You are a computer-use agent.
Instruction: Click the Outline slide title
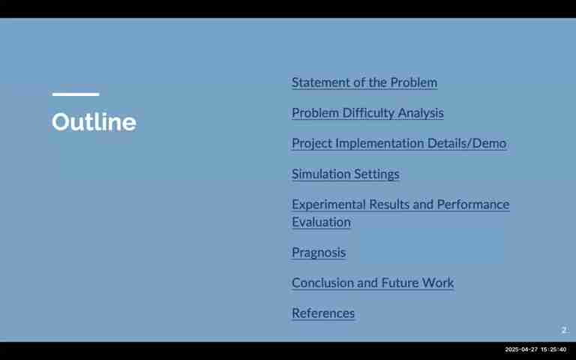pyautogui.click(x=94, y=121)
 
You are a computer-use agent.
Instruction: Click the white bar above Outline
pyautogui.click(x=76, y=94)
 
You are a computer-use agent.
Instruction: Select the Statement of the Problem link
pyautogui.click(x=364, y=82)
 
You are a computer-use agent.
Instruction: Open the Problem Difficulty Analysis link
pyautogui.click(x=367, y=113)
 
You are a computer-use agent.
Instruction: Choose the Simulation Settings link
pyautogui.click(x=345, y=174)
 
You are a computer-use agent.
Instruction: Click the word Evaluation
pyautogui.click(x=321, y=222)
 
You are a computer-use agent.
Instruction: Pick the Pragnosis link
pyautogui.click(x=319, y=253)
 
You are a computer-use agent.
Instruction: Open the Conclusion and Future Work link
pyautogui.click(x=373, y=283)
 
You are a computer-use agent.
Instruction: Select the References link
pyautogui.click(x=323, y=313)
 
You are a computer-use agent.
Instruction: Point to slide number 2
pyautogui.click(x=564, y=330)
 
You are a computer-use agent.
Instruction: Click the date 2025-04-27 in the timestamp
pyautogui.click(x=521, y=349)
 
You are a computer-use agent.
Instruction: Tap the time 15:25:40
pyautogui.click(x=553, y=349)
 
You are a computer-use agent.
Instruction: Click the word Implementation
pyautogui.click(x=379, y=144)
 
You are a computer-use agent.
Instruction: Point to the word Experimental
pyautogui.click(x=328, y=205)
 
